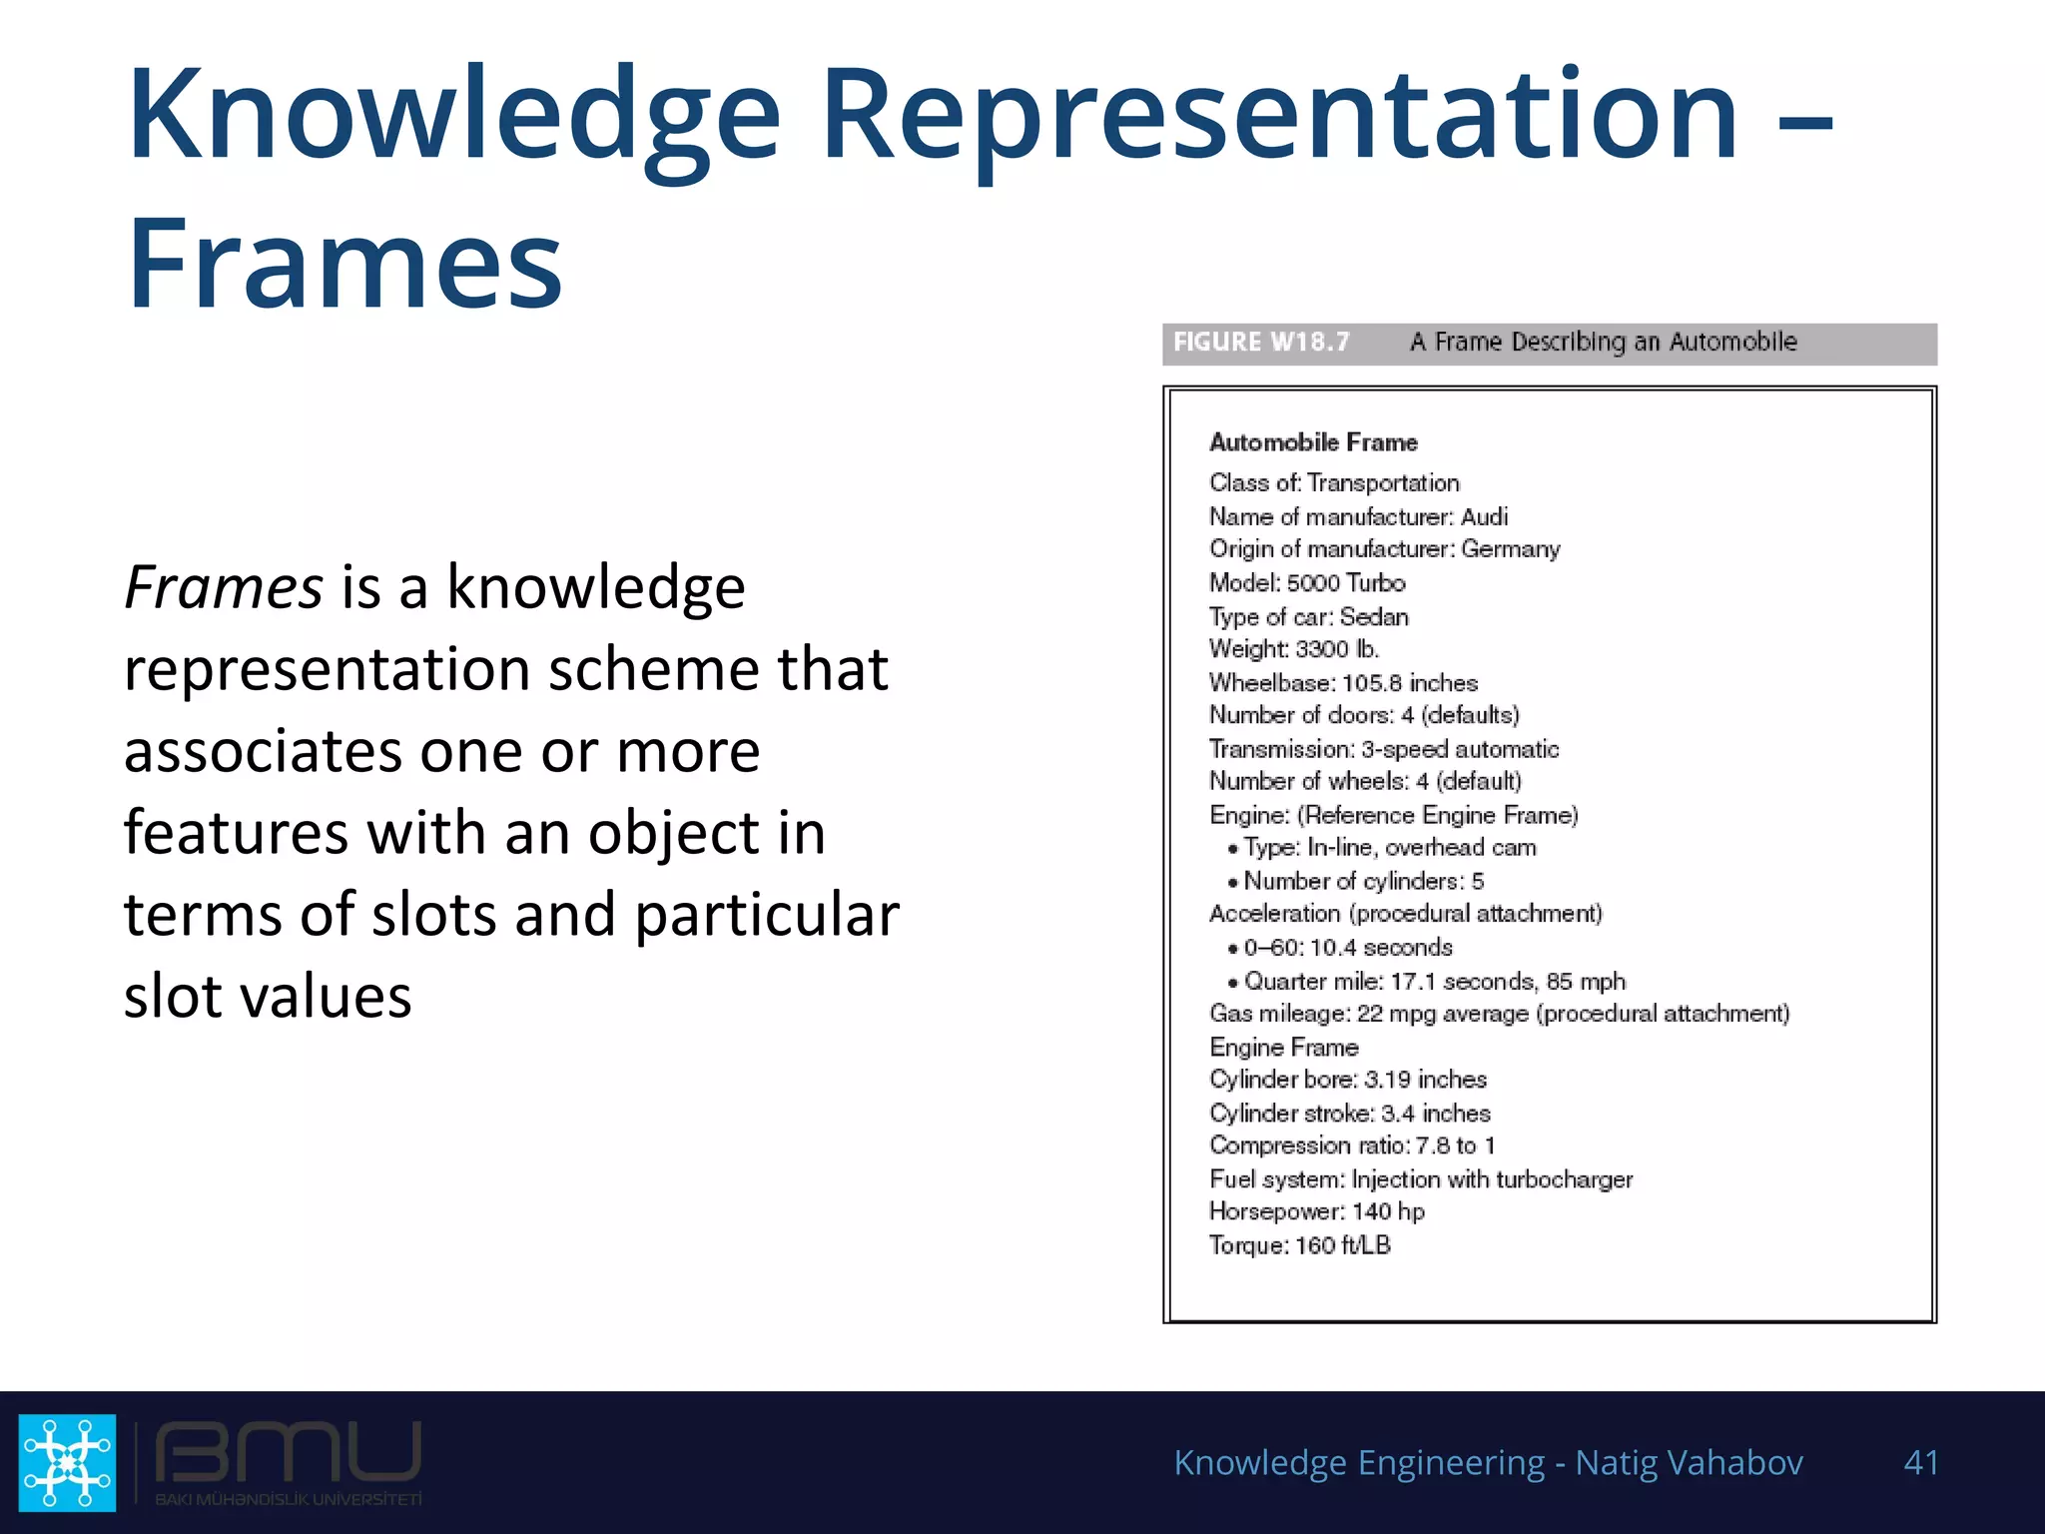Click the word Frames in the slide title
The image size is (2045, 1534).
coord(344,265)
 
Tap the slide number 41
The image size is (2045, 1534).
coord(1921,1462)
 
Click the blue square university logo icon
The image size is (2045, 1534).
coord(68,1462)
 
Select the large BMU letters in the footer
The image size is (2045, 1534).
coord(288,1452)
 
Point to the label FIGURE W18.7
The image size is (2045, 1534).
coord(1261,343)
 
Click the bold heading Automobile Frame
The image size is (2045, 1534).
coord(1313,442)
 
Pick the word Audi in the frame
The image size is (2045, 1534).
coord(1484,516)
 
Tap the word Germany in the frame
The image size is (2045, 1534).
coord(1510,549)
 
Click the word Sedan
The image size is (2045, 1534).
coord(1374,616)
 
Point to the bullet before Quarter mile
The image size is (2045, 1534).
coord(1233,983)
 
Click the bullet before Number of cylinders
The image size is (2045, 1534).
coord(1233,883)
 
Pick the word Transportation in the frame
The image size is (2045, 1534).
coord(1383,483)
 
